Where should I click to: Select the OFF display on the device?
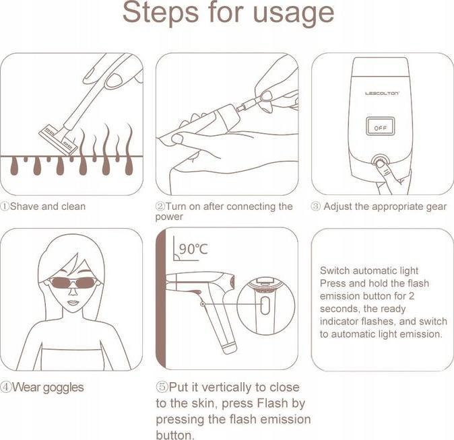pyautogui.click(x=380, y=126)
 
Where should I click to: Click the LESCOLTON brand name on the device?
pyautogui.click(x=382, y=93)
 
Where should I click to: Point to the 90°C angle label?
pyautogui.click(x=193, y=249)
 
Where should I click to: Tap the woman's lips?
pyautogui.click(x=73, y=303)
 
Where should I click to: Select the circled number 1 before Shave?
pyautogui.click(x=4, y=207)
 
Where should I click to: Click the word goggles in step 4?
pyautogui.click(x=63, y=388)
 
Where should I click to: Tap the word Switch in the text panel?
pyautogui.click(x=335, y=270)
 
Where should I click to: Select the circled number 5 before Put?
pyautogui.click(x=162, y=387)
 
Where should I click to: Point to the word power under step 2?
pyautogui.click(x=169, y=217)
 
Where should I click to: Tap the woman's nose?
pyautogui.click(x=73, y=291)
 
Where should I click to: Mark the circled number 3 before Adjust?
pyautogui.click(x=316, y=207)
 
